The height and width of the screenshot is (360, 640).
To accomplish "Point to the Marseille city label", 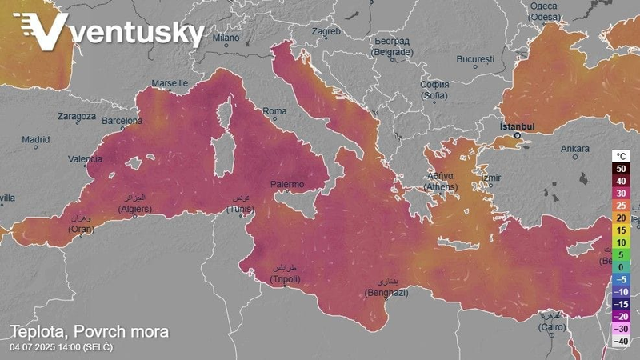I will point(170,83).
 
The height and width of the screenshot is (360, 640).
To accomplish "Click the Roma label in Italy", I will point(274,110).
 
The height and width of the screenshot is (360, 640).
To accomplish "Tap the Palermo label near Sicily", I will point(287,184).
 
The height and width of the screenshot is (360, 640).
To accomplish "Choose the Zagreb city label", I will point(326,32).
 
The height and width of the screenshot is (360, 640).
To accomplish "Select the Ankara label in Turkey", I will point(574,149).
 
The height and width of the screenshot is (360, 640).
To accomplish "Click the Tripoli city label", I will point(285,278).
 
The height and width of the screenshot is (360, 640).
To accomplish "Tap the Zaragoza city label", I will point(77,116).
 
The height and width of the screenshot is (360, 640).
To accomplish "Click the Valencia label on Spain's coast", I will point(85,159).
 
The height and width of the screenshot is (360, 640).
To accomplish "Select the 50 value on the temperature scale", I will point(622,169).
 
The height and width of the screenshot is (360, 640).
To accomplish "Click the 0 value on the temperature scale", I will point(622,266).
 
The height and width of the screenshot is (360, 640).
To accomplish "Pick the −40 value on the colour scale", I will point(622,341).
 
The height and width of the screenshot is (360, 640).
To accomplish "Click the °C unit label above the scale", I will point(622,156).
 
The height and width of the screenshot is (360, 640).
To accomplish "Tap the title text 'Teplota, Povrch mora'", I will point(89,331).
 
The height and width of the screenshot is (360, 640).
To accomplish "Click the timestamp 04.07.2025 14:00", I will point(61,347).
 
